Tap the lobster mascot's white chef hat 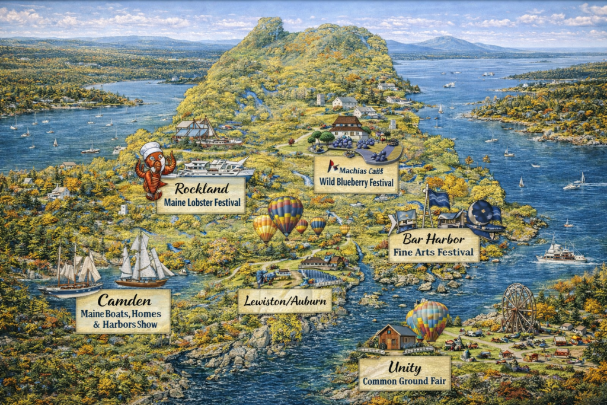pos(150,148)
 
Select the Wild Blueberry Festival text pos(356,182)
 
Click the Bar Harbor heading pos(433,239)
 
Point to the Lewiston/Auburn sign pos(285,301)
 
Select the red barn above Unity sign pos(396,337)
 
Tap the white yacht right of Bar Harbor pos(560,253)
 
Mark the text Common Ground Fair pos(404,381)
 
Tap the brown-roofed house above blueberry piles pos(347,126)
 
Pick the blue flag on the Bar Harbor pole pos(439,199)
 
